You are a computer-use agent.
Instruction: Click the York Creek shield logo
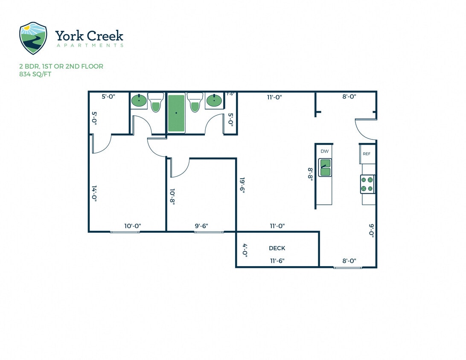click(x=33, y=38)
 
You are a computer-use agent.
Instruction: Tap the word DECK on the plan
click(x=277, y=248)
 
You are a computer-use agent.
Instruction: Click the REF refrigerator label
click(x=366, y=154)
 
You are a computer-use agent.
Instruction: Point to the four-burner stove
click(x=367, y=184)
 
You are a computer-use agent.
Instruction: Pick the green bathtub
click(x=176, y=113)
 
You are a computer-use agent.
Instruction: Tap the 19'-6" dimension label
click(x=242, y=186)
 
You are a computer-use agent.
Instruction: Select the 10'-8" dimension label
click(x=172, y=197)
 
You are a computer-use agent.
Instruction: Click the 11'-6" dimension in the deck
click(x=277, y=260)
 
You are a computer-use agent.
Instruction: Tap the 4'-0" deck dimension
click(x=245, y=249)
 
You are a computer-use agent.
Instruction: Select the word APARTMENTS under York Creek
click(x=89, y=45)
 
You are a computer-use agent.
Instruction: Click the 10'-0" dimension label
click(x=132, y=226)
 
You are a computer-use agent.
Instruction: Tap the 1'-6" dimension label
click(x=230, y=94)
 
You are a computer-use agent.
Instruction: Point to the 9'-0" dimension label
click(x=372, y=232)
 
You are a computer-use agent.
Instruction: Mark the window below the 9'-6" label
click(x=209, y=232)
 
